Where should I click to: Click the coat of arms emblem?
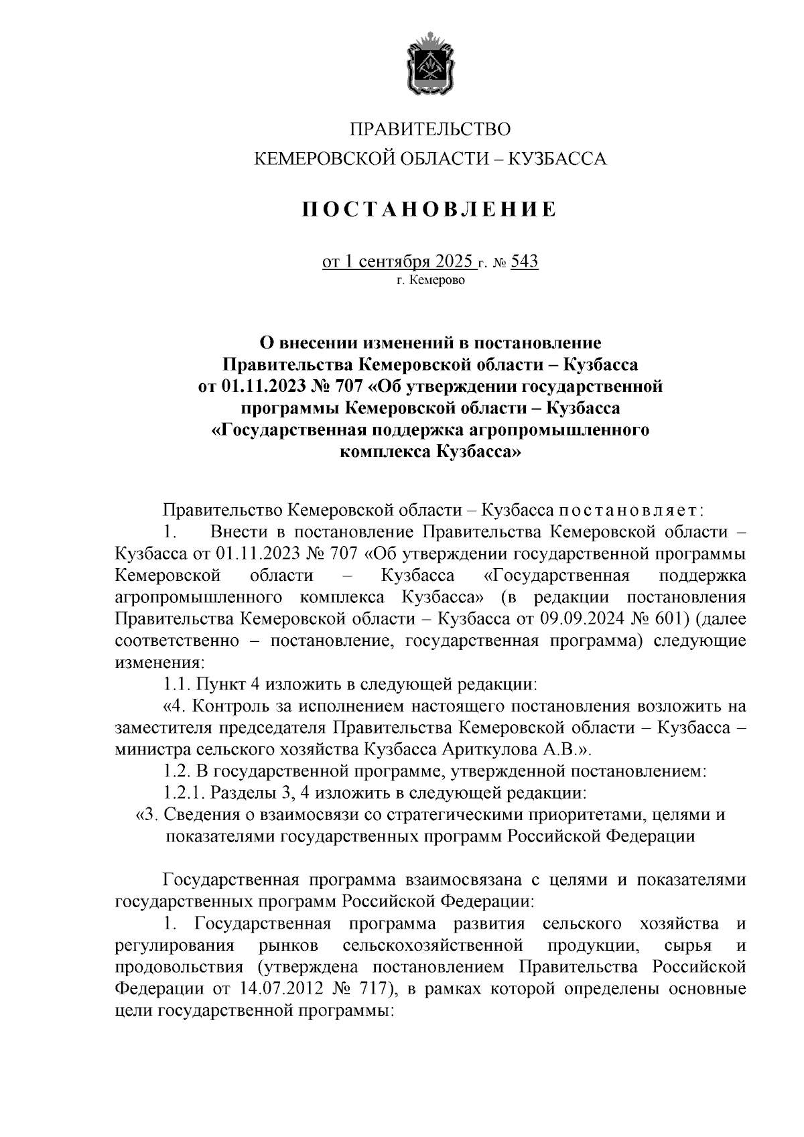pyautogui.click(x=430, y=68)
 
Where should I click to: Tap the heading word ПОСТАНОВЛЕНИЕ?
pyautogui.click(x=429, y=210)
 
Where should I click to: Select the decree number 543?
pyautogui.click(x=525, y=261)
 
